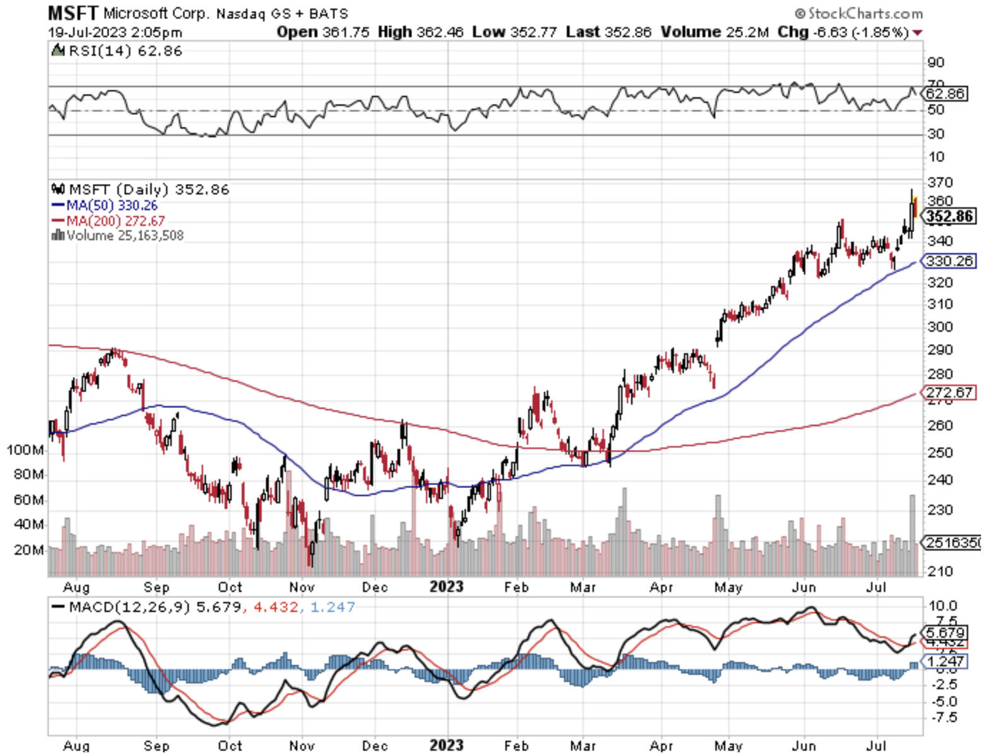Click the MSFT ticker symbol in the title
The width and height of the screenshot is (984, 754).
73,13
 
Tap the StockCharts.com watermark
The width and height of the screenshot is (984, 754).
858,13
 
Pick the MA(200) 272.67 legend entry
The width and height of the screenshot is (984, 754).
108,221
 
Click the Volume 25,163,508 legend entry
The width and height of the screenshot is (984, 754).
118,236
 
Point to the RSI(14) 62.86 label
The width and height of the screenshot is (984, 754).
118,51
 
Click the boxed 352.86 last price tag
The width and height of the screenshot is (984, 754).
950,216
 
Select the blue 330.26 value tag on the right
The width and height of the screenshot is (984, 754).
949,261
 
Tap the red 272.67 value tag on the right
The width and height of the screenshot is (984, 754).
949,393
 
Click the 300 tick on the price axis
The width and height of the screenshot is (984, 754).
940,327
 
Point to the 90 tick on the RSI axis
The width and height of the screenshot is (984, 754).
936,62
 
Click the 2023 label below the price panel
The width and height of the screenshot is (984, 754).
446,587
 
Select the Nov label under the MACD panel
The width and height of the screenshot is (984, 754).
302,746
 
